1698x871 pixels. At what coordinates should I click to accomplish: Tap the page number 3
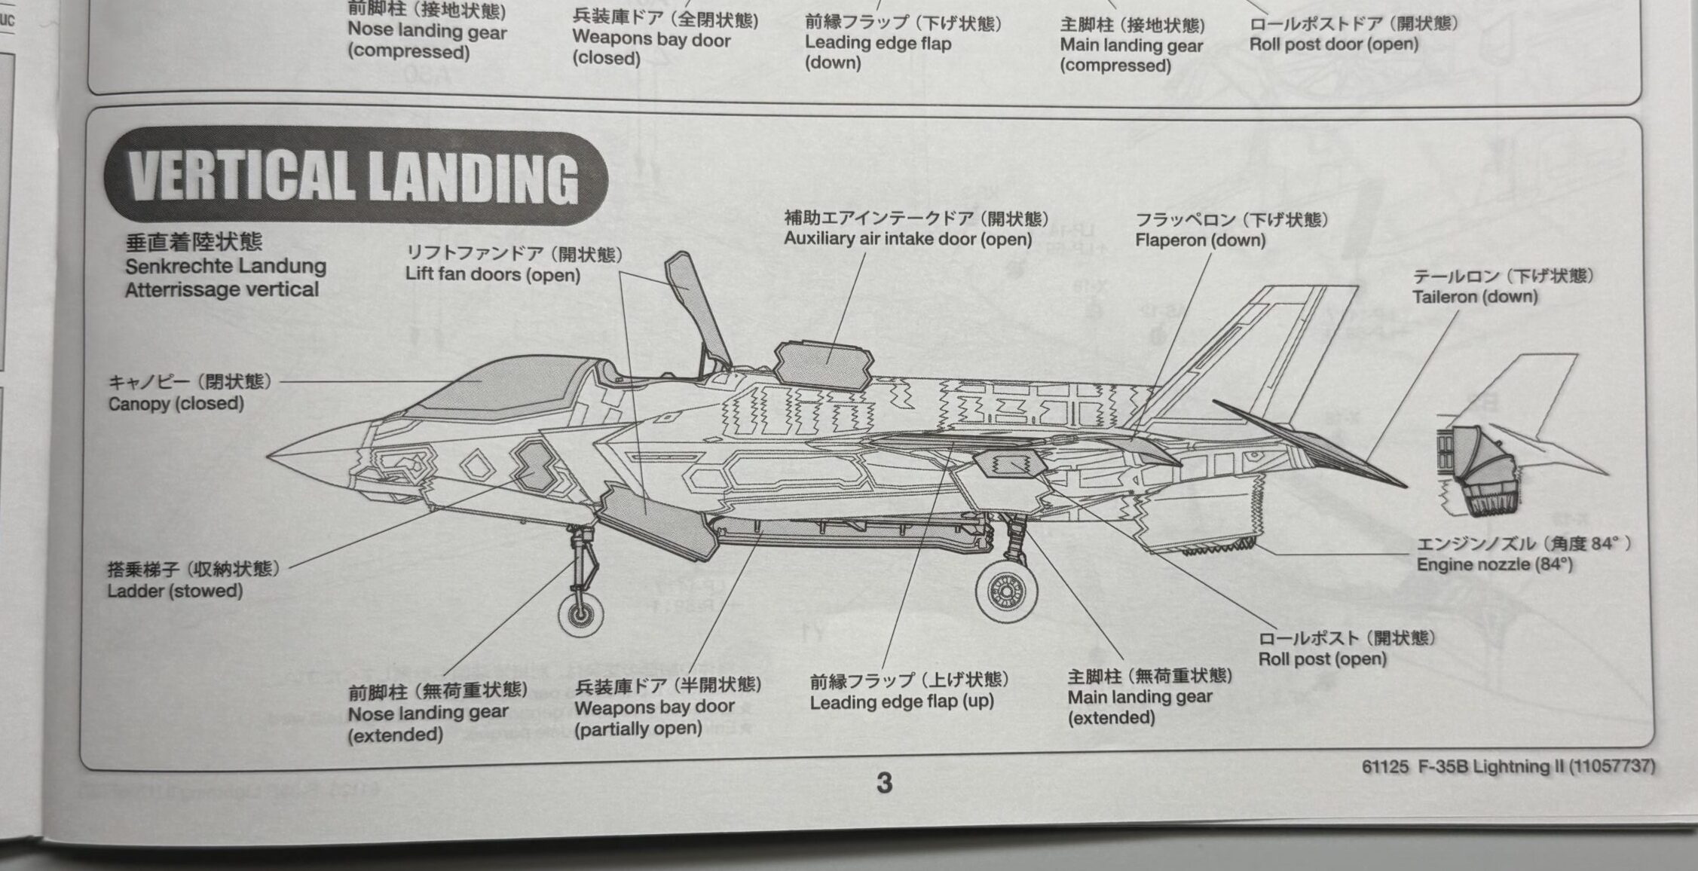[884, 784]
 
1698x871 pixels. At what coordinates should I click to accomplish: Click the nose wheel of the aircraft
[580, 614]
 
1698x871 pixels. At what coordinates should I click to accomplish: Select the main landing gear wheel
[1006, 591]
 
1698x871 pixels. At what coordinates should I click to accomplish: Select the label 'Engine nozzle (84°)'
[1494, 564]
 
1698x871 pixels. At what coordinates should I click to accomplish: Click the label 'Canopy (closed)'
[176, 404]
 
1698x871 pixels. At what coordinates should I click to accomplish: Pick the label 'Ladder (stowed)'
[174, 591]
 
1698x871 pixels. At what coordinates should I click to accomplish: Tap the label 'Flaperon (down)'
[1200, 240]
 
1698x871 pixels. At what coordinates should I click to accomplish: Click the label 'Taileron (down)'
[1474, 297]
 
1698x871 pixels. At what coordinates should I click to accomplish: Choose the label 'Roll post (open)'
[1322, 659]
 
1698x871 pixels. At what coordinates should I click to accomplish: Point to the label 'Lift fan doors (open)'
[492, 274]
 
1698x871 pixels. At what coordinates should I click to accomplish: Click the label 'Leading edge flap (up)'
[901, 702]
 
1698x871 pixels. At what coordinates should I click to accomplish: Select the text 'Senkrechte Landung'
[225, 266]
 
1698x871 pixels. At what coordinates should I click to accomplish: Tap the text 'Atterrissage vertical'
[222, 290]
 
